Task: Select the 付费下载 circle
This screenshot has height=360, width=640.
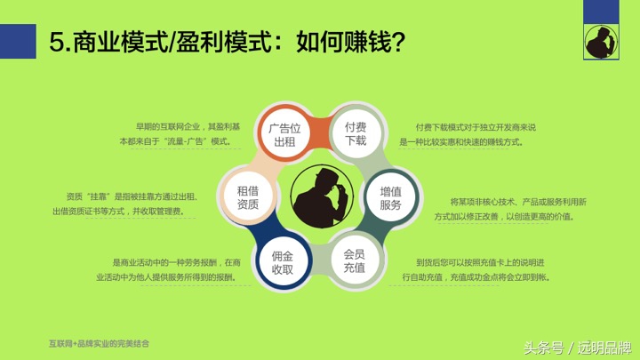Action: [x=356, y=134]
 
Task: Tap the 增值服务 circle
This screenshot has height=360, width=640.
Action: [x=390, y=197]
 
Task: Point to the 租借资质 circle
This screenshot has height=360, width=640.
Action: [x=248, y=197]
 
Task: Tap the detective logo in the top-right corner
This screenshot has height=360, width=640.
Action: [x=601, y=39]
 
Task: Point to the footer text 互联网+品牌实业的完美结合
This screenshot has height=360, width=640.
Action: [x=100, y=342]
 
